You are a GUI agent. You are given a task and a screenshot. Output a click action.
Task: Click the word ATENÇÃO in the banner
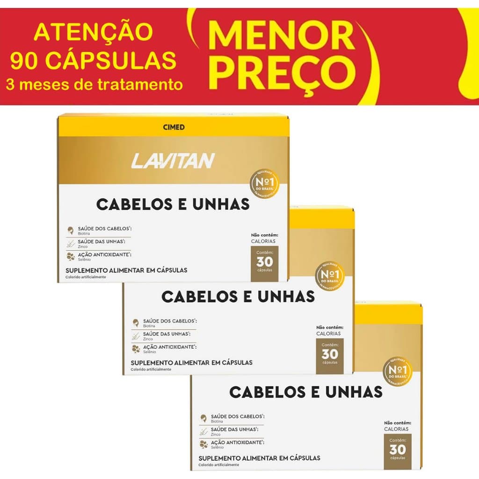[x=94, y=32]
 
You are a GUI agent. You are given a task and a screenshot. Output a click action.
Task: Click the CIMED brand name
[x=173, y=127]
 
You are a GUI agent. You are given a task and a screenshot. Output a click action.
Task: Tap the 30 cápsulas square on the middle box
[x=330, y=356]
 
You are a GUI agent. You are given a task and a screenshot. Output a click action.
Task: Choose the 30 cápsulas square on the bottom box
[x=398, y=451]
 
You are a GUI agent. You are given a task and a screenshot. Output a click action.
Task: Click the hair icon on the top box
[x=71, y=230]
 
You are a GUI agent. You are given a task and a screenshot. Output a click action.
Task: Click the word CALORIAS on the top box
[x=263, y=241]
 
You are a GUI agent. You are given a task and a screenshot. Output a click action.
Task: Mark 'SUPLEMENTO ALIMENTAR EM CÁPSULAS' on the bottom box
[x=260, y=458]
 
